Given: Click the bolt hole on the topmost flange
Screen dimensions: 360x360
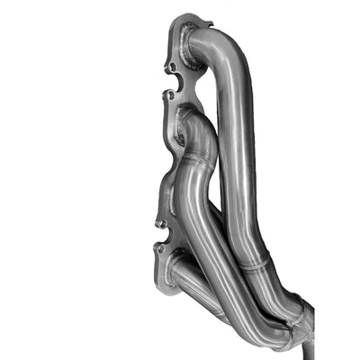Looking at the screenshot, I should tap(171, 67).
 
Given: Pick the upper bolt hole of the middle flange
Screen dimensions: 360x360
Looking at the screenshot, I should tap(170, 94).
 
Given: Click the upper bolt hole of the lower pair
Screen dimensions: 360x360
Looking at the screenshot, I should tap(160, 222).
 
